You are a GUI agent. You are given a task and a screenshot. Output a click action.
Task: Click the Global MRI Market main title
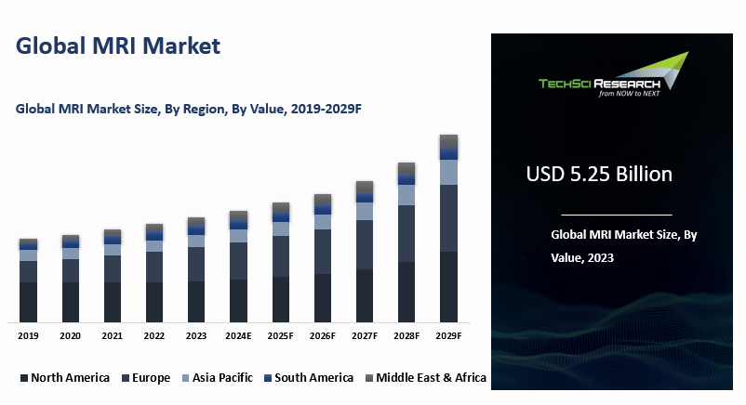coord(118,46)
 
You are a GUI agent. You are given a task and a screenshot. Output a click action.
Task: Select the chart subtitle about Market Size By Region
coord(188,109)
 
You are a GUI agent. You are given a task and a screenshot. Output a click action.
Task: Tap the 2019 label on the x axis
coord(28,335)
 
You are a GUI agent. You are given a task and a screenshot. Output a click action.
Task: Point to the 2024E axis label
coord(238,335)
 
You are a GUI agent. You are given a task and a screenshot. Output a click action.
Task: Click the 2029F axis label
coord(448,335)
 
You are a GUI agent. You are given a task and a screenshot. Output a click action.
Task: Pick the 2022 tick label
coord(153,335)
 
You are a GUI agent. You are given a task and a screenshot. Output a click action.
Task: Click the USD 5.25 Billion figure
coord(598,174)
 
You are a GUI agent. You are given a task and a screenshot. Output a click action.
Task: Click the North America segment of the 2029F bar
coord(448,286)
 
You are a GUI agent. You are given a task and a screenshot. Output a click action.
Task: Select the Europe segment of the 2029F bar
coord(448,218)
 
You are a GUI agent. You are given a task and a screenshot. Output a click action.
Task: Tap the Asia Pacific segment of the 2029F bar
coord(448,172)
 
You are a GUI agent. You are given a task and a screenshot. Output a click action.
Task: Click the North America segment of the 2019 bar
coord(28,301)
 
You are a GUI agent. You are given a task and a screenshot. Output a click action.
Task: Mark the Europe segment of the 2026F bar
coord(323,252)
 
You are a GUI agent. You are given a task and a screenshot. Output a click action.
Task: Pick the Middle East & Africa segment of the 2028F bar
coord(406,168)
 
